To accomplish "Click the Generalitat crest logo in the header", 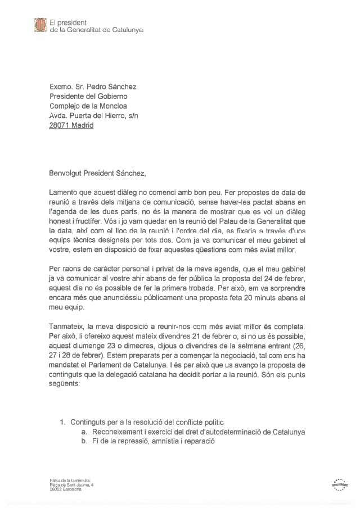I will (40, 25).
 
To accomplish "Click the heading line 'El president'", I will (70, 22).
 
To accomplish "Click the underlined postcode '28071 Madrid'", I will (71, 125).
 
